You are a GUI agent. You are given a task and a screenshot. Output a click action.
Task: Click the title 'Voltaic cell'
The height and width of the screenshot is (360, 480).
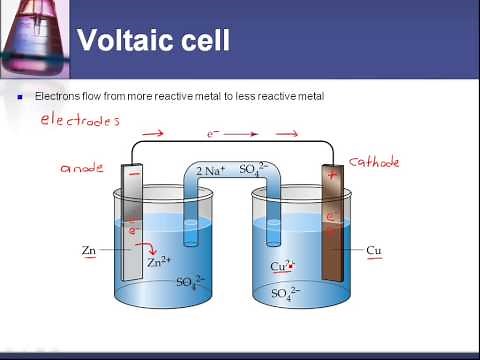[x=154, y=41]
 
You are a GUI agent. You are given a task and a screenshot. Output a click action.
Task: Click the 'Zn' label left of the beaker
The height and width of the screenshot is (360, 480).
[x=89, y=247]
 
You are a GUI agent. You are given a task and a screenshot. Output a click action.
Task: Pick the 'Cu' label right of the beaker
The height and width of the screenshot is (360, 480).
[x=374, y=249]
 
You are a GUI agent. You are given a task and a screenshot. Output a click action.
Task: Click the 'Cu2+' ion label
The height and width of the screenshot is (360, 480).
[x=285, y=267]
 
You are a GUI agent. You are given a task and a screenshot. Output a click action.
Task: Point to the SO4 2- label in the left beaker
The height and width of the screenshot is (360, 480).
[x=190, y=283]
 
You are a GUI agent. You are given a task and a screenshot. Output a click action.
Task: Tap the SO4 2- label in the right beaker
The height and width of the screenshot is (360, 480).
[x=288, y=293]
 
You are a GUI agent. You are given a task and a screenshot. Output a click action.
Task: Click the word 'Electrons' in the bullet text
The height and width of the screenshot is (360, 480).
[x=58, y=96]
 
